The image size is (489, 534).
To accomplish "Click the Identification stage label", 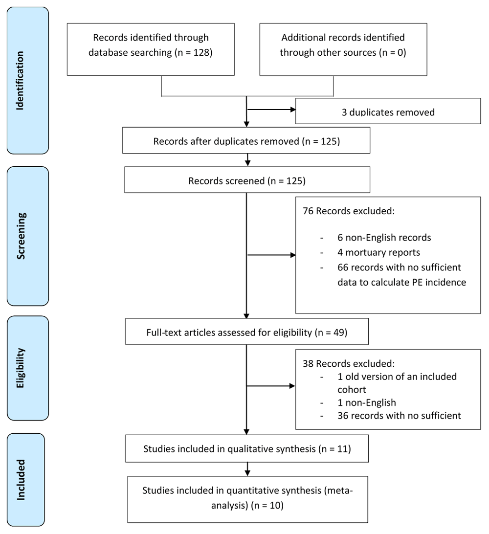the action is (21, 80).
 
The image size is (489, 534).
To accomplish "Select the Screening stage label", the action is (21, 236).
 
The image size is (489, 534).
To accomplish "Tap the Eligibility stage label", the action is (21, 368).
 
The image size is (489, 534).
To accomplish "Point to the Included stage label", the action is (21, 480).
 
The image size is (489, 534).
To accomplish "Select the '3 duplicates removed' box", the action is (388, 111).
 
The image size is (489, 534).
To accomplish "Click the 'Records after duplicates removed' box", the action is (246, 140).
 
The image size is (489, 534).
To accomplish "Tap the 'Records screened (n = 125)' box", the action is (247, 180).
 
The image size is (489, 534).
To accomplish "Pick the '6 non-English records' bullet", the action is (384, 237).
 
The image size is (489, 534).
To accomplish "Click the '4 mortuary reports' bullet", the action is (378, 252).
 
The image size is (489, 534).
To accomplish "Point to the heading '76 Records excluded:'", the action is (349, 211).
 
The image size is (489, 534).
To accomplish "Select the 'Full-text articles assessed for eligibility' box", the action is (247, 332).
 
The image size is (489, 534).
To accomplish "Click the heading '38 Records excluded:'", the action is (349, 363).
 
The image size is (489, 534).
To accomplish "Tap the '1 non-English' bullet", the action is (367, 402).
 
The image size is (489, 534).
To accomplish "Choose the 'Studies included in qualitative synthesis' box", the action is (247, 448).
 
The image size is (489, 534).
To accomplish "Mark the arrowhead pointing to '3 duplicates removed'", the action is (292, 110).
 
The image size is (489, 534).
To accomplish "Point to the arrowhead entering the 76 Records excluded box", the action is (292, 255).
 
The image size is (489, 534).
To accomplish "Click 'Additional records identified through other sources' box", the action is (343, 49).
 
